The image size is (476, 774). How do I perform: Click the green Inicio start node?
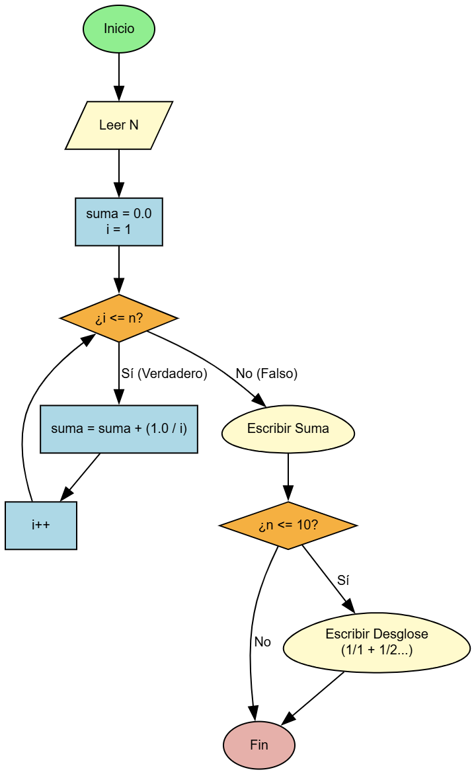point(119,29)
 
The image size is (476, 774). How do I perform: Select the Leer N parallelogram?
point(119,125)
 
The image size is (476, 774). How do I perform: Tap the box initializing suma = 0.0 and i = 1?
point(119,221)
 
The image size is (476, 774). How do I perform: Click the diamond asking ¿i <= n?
point(119,319)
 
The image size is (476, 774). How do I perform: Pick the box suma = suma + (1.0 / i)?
point(119,429)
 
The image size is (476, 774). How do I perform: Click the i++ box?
point(41,525)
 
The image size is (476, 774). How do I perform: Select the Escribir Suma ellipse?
point(288,429)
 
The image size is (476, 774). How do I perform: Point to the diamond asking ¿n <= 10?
point(288,525)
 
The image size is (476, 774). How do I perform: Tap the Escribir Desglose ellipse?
point(377,642)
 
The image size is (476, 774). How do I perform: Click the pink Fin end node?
point(259,745)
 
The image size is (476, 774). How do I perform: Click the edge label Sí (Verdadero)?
point(164,374)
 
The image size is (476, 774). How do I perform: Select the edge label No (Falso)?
point(266,374)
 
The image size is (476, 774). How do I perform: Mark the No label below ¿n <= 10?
point(262,642)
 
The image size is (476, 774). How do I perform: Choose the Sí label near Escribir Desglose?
point(343,580)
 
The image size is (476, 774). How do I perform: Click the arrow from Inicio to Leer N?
point(119,76)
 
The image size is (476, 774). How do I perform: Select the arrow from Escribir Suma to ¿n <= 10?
point(288,477)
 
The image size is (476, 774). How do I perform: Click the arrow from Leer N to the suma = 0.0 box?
point(119,173)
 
